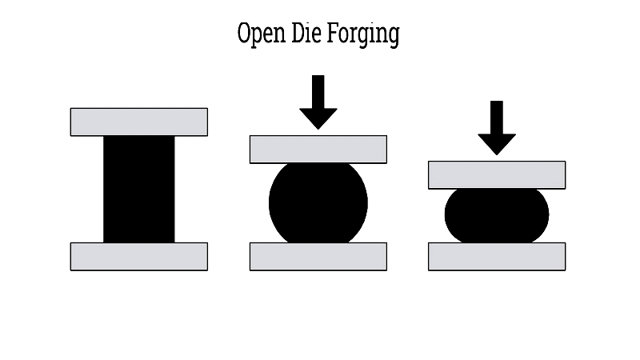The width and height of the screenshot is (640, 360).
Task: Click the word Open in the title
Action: [x=262, y=34]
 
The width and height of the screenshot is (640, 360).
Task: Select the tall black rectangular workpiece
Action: [x=138, y=189]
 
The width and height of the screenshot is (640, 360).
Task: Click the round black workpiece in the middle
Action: [x=318, y=203]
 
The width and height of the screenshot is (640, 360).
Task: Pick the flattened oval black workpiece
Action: [x=497, y=215]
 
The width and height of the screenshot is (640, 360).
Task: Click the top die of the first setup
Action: [x=139, y=122]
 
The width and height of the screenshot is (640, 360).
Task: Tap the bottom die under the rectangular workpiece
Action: [x=139, y=256]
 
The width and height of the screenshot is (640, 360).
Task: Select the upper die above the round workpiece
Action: [x=318, y=150]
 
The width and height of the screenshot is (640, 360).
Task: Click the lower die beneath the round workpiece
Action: [x=318, y=256]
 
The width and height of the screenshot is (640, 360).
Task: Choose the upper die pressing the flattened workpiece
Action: [x=497, y=175]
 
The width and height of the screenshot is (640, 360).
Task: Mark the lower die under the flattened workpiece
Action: [x=497, y=256]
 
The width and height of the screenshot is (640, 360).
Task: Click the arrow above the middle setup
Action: [x=318, y=102]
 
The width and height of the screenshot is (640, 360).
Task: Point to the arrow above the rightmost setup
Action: [x=497, y=128]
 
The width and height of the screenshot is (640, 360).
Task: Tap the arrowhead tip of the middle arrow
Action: [x=318, y=130]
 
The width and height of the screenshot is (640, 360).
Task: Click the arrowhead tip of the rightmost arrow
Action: [x=497, y=155]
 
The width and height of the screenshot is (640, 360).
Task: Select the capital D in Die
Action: [x=298, y=33]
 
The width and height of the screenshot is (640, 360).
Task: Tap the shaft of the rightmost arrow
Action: [x=497, y=118]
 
